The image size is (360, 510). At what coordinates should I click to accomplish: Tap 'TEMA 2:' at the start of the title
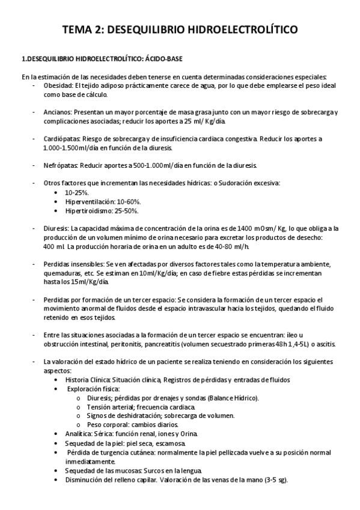pyautogui.click(x=84, y=30)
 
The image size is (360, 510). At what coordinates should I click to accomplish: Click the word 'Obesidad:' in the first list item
pyautogui.click(x=58, y=86)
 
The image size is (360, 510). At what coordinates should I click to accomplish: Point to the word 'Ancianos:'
pyautogui.click(x=58, y=112)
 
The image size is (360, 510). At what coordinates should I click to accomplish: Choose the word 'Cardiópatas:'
pyautogui.click(x=63, y=139)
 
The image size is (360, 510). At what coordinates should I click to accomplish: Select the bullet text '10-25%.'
pyautogui.click(x=77, y=192)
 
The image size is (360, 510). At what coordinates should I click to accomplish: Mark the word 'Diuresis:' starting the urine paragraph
pyautogui.click(x=56, y=229)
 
